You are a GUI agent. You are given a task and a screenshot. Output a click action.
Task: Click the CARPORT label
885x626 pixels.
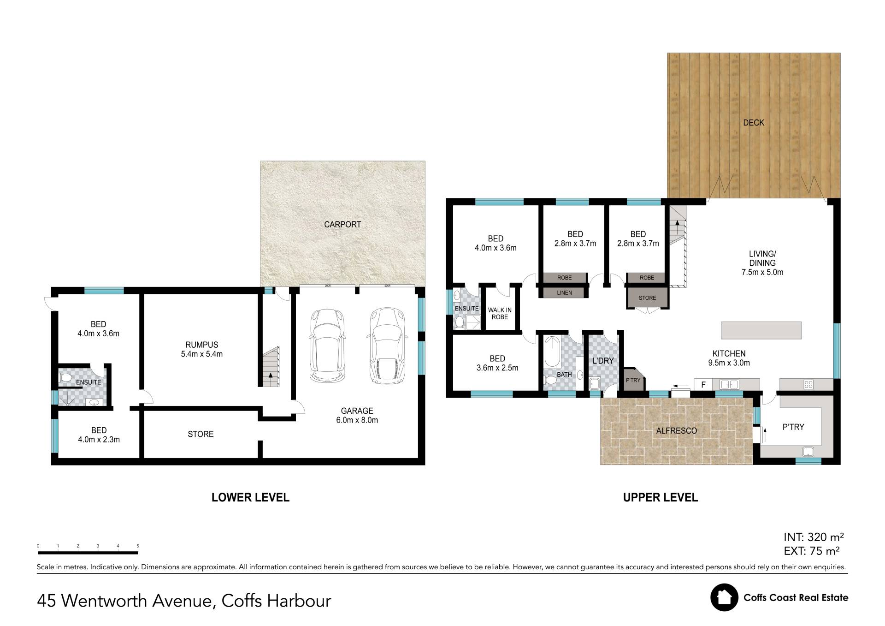click(x=342, y=225)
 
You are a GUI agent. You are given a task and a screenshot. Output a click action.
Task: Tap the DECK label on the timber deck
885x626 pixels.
click(x=754, y=123)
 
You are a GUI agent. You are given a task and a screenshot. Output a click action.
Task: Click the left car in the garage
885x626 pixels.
click(x=327, y=346)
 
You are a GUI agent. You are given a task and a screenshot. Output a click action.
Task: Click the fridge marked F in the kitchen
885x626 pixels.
click(x=703, y=384)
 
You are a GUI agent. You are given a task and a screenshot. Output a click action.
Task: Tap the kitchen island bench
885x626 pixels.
click(x=761, y=330)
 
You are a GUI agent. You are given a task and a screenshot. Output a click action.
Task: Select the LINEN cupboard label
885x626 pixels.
click(x=565, y=292)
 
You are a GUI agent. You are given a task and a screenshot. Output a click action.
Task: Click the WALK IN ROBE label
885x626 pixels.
click(x=500, y=314)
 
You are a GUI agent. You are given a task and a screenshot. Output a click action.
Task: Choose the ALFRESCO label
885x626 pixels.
click(x=677, y=431)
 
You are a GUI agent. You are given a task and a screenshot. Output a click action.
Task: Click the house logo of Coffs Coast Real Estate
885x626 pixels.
click(x=724, y=597)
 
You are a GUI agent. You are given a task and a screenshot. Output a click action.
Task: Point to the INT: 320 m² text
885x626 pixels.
click(x=814, y=537)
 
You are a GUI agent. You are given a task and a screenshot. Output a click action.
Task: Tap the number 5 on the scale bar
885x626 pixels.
click(x=138, y=546)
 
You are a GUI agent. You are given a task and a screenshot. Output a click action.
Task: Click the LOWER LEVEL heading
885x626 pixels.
click(x=250, y=497)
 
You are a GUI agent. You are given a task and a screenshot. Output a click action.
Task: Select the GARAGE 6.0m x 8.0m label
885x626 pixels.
click(x=357, y=415)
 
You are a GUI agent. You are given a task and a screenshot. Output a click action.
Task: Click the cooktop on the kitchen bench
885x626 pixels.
click(x=808, y=384)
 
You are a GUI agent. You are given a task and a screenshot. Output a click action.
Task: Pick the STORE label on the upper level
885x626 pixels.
click(x=647, y=298)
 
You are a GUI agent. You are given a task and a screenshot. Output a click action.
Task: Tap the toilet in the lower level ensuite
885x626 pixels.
click(x=66, y=378)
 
